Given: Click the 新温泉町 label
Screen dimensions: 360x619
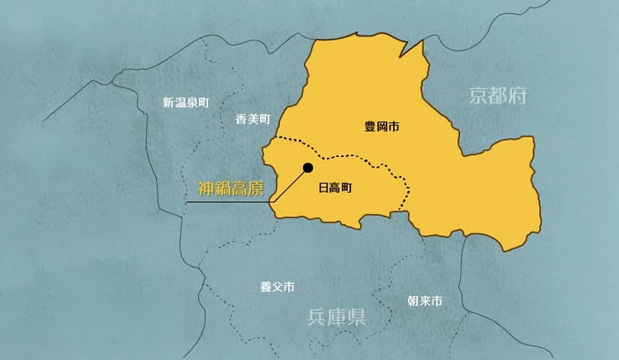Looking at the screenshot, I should click(186, 103).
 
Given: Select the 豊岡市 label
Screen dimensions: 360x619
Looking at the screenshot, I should click(381, 127).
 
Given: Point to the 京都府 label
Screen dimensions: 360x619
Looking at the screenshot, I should click(499, 96).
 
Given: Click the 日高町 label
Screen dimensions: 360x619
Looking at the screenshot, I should click(335, 188).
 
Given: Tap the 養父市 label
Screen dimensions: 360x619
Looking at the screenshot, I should click(277, 287).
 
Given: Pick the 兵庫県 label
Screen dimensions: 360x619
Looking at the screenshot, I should click(336, 316).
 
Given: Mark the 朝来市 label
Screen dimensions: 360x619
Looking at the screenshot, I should click(424, 301).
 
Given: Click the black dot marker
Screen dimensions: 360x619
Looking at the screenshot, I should click(308, 168).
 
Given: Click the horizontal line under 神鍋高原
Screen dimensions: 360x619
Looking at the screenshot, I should click(227, 202).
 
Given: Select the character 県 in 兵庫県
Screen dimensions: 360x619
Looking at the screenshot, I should click(356, 316).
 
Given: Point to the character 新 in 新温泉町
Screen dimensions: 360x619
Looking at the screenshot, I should click(168, 103).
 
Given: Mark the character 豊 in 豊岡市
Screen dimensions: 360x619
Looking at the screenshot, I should click(370, 127).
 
